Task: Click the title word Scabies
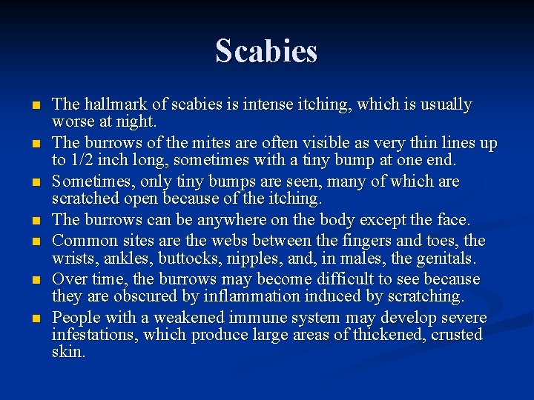[x=266, y=51]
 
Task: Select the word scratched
[x=86, y=198]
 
